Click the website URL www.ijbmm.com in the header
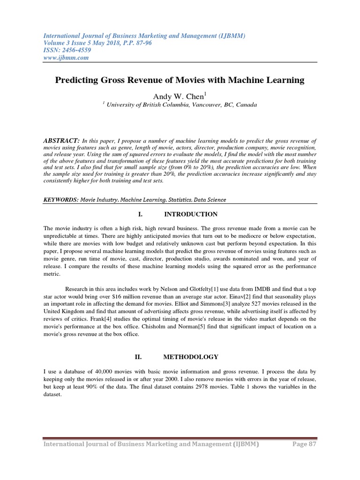point(66,58)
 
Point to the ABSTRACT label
point(61,141)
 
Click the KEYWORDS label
point(60,200)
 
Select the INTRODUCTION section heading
point(190,214)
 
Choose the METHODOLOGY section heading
point(191,357)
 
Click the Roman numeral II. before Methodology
point(138,357)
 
